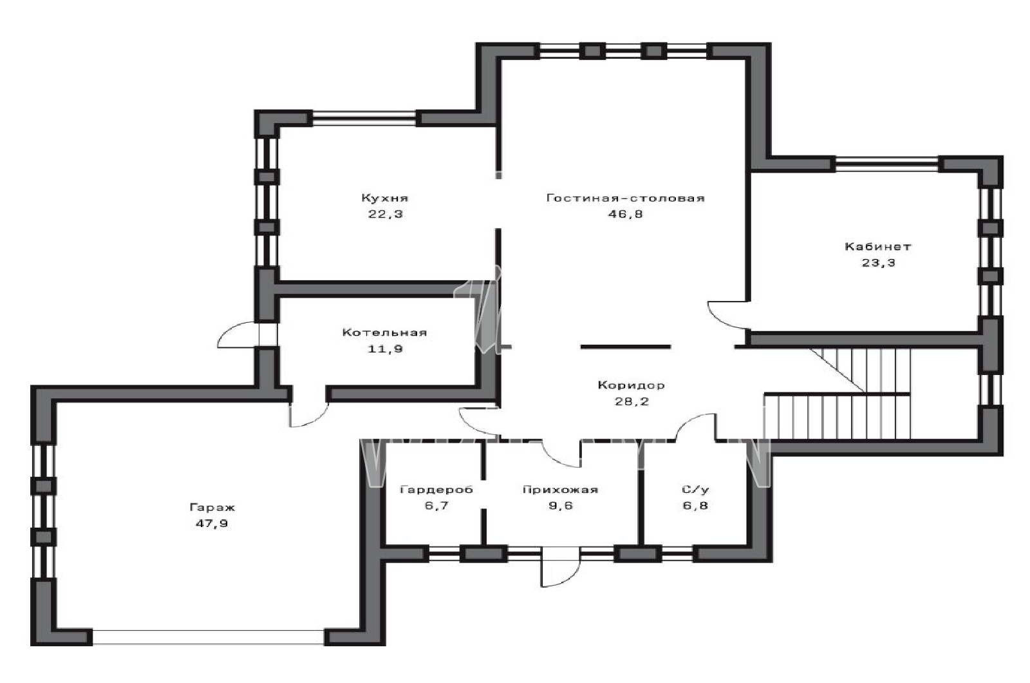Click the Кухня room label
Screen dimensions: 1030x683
coord(385,198)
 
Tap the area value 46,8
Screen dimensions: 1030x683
coord(625,214)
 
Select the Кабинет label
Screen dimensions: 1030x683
coord(878,247)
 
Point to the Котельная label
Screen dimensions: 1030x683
coord(385,332)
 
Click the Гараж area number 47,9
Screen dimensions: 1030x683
coord(212,523)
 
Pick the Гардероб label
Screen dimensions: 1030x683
coord(436,489)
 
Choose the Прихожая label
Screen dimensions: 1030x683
coord(561,489)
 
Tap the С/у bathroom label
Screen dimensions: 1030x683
coord(695,489)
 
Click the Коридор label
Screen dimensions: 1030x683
coord(632,385)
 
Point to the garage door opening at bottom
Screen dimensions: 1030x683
coord(209,637)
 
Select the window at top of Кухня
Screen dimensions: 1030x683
coord(364,118)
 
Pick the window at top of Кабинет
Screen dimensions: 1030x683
coord(886,164)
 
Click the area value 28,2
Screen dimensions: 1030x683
coord(632,401)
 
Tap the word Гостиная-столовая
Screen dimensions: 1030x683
coord(625,198)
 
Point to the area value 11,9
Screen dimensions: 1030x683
coord(385,349)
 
